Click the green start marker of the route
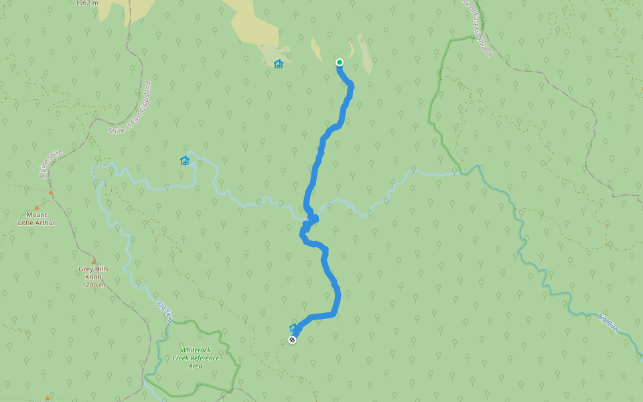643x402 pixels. point(340,62)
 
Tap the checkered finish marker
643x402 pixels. point(292,340)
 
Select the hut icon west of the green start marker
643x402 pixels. point(279,64)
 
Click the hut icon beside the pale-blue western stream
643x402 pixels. point(185,160)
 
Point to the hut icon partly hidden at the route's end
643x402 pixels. point(293,328)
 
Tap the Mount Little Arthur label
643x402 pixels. point(37,218)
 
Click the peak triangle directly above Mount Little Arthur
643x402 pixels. point(36,208)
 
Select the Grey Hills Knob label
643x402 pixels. point(93,273)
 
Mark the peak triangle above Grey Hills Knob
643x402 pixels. point(94,261)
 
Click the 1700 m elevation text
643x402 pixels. point(93,285)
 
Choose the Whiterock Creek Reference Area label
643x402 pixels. point(196,358)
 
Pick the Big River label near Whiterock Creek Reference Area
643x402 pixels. point(164,312)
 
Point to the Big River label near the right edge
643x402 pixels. point(609,322)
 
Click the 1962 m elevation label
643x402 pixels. point(87,3)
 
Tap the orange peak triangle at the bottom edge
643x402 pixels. point(47,399)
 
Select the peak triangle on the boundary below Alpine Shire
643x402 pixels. point(51,192)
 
